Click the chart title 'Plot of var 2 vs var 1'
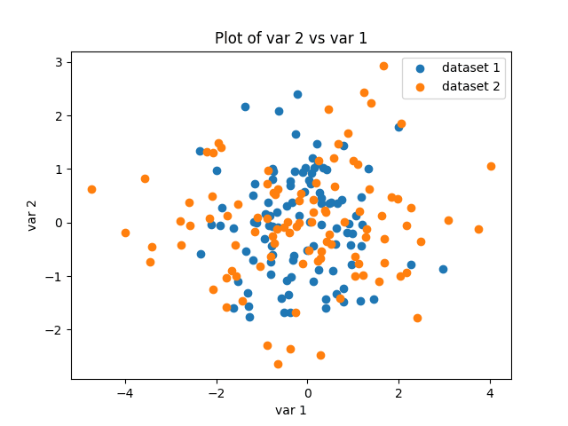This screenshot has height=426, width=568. (291, 38)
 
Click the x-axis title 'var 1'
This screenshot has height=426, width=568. (291, 409)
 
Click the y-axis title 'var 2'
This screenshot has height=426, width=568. (33, 216)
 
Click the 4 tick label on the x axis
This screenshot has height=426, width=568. (490, 391)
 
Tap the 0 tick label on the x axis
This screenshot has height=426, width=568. (308, 391)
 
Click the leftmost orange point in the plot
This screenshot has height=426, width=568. (91, 189)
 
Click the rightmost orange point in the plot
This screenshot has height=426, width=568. (491, 166)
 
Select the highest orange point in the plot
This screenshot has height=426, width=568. (383, 66)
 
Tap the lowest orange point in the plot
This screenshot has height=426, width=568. (278, 364)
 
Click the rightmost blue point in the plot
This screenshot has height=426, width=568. (443, 269)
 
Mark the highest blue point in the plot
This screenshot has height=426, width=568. (297, 94)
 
